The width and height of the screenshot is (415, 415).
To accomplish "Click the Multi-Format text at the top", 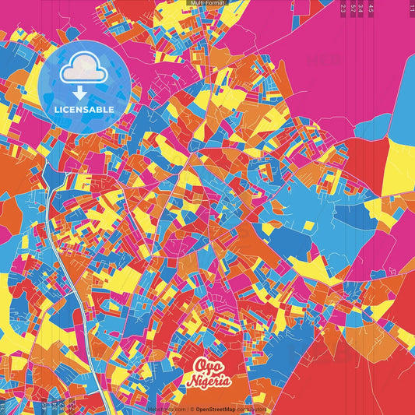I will tap(206, 3).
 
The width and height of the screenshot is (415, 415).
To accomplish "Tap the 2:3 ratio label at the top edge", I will tap(343, 8).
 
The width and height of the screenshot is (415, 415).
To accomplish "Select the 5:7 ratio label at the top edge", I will tap(353, 8).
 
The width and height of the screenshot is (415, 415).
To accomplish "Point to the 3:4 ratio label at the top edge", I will tap(361, 8).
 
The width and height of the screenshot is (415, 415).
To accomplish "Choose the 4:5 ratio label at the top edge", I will tap(371, 8).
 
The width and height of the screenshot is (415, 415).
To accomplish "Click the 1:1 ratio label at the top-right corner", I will tap(411, 6).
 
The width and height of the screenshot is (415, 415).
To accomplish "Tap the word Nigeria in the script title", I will tap(209, 382).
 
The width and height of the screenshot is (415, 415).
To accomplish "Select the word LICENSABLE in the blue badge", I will tap(84, 110).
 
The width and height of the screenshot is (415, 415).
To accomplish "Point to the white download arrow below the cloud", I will tap(80, 93).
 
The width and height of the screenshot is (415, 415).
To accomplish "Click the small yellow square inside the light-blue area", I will tap(308, 226).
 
